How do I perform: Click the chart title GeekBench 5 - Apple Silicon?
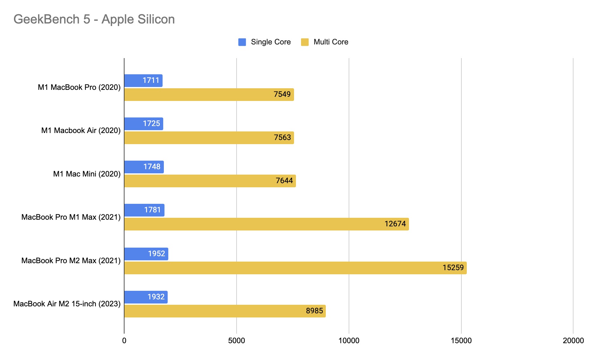pos(94,19)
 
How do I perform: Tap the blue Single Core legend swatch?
pos(242,42)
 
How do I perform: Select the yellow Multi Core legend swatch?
pos(305,42)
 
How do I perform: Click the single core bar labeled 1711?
pos(143,81)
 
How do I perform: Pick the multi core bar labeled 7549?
pos(209,95)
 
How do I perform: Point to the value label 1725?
pos(151,123)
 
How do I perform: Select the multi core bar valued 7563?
pos(209,138)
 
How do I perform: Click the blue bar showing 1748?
pos(144,167)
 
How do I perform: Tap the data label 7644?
pos(284,181)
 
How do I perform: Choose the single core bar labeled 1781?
pos(144,210)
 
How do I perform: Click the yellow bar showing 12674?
pos(266,224)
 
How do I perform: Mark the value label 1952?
pos(157,254)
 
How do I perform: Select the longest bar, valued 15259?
pos(295,268)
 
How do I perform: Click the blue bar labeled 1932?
pos(146,297)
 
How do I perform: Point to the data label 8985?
pos(314,311)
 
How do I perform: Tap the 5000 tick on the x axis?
pos(237,341)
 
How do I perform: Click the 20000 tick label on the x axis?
pos(573,341)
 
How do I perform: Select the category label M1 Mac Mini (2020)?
pos(87,174)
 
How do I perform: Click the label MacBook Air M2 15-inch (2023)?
pos(67,304)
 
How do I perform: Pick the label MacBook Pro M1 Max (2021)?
pos(71,217)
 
